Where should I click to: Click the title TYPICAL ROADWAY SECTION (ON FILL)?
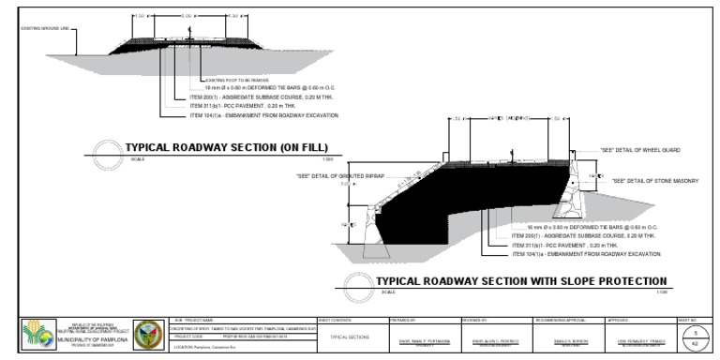click(225, 148)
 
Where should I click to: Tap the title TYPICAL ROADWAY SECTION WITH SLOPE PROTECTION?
click(520, 281)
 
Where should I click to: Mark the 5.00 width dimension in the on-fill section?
click(187, 16)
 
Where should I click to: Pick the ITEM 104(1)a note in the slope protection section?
click(581, 254)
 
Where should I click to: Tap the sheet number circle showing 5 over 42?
click(696, 337)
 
